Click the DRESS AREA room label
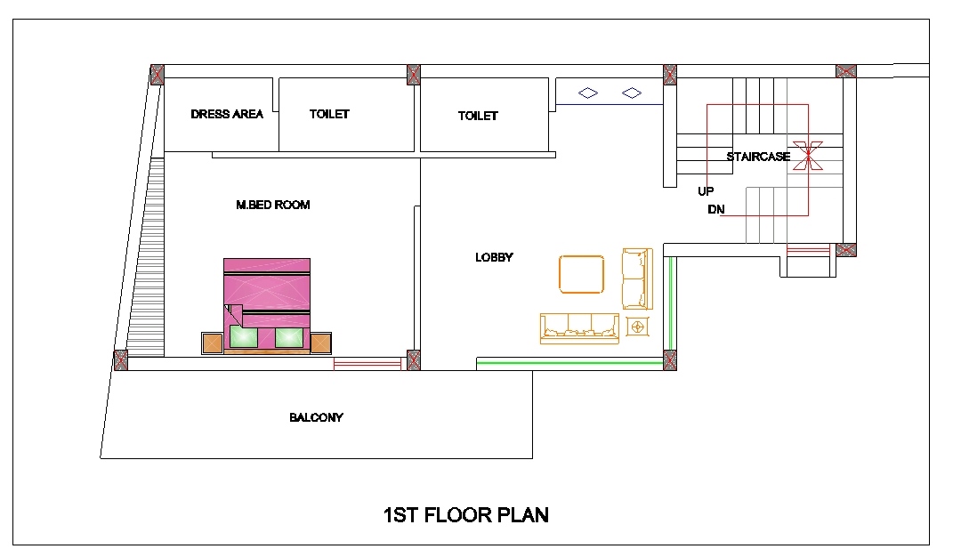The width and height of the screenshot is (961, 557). tap(227, 114)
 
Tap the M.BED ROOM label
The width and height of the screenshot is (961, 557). tap(273, 205)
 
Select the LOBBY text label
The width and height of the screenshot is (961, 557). tap(494, 257)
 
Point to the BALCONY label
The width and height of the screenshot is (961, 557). tap(316, 417)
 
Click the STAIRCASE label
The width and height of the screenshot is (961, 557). tap(758, 157)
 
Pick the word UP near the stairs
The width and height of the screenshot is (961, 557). tap(706, 191)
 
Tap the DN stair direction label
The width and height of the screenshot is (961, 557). tap(715, 210)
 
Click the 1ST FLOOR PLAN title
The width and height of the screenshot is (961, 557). tap(465, 514)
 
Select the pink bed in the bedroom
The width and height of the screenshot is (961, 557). tap(267, 306)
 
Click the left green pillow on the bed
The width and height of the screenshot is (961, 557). tap(243, 337)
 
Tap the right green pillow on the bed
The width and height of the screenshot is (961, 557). tap(289, 337)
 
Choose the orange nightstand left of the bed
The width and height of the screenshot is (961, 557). tap(212, 343)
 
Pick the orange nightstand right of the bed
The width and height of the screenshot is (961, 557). tap(320, 343)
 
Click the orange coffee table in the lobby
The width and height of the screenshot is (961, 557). tap(581, 275)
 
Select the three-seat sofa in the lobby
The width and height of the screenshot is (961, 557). tap(579, 328)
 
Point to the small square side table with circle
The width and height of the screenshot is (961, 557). tap(637, 327)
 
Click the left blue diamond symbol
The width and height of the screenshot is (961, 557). tap(588, 93)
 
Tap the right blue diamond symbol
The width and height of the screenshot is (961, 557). tap(631, 93)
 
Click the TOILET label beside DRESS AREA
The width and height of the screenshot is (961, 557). tap(329, 114)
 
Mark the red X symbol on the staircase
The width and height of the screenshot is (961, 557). tap(808, 156)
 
